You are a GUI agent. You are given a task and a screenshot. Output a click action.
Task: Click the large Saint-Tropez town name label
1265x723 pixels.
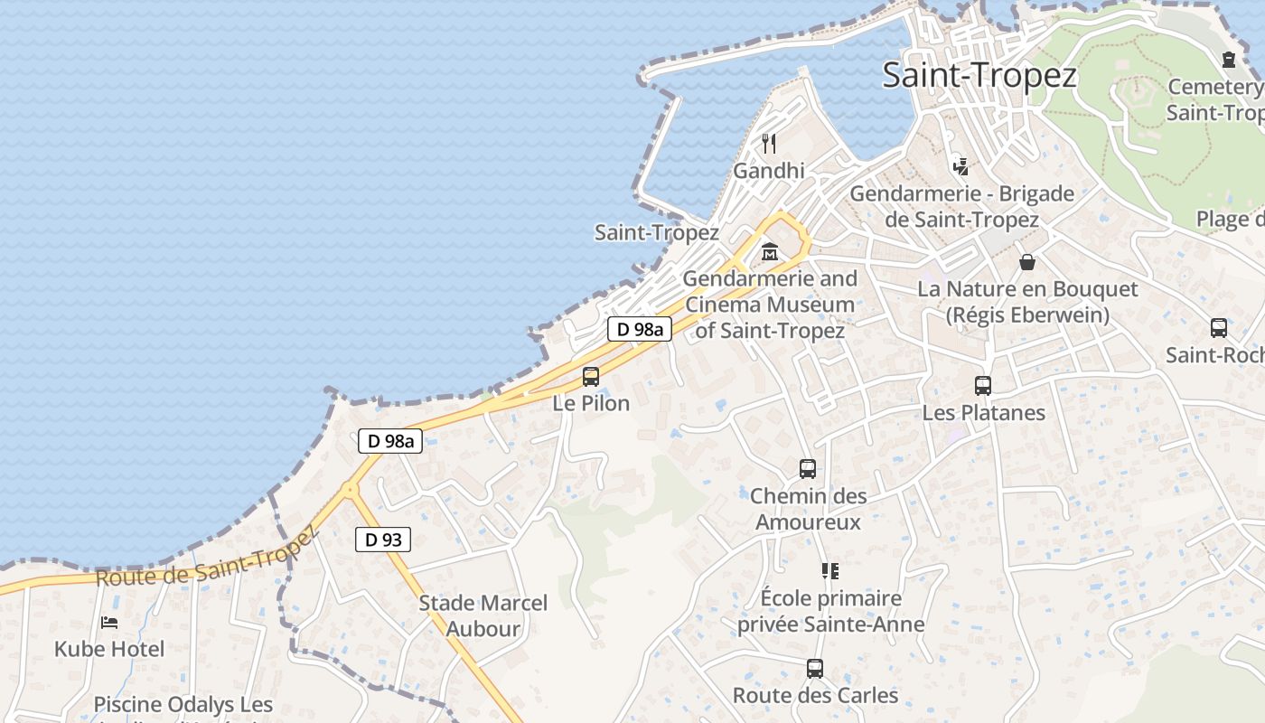pos(979,75)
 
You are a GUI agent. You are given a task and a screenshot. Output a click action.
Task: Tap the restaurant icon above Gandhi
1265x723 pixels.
pos(769,143)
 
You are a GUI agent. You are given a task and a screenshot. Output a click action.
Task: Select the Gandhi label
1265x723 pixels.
pos(769,171)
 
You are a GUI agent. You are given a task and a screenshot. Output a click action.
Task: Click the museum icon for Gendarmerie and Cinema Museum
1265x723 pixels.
pos(770,251)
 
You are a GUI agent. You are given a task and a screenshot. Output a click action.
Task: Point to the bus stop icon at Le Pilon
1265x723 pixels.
pos(591,377)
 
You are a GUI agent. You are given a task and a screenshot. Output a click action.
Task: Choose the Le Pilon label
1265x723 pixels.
pos(591,403)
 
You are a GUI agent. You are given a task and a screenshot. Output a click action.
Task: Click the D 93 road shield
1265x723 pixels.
pos(382,540)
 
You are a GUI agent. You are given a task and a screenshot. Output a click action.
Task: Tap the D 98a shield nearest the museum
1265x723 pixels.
pos(639,329)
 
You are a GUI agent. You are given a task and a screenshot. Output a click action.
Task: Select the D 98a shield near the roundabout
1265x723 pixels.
pos(390,441)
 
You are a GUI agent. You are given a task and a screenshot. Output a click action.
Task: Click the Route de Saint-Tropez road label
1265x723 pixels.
pos(208,559)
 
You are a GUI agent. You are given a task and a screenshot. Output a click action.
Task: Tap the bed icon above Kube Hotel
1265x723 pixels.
pos(109,623)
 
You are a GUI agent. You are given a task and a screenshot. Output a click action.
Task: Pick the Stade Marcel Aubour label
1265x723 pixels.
pos(483,615)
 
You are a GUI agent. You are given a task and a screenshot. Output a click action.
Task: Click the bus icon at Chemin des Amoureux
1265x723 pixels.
pos(808,469)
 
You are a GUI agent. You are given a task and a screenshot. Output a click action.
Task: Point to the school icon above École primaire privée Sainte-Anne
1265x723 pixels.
pos(830,571)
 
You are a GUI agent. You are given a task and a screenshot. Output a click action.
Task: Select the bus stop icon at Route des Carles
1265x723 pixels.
pos(815,669)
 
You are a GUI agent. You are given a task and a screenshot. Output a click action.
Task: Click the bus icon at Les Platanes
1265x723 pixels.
pos(983,386)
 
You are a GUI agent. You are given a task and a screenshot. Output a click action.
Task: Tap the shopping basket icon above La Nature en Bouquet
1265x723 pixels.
pos(1027,263)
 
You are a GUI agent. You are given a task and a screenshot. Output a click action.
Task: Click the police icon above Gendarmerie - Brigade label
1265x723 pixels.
pos(960,166)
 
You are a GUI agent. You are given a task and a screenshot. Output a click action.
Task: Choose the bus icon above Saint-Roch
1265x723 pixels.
pos(1219,328)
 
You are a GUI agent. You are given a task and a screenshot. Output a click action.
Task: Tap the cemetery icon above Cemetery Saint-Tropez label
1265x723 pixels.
pos(1229,60)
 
